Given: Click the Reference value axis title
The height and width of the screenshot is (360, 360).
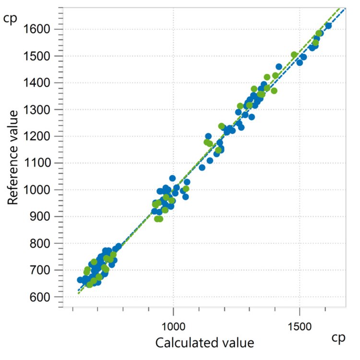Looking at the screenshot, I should (14, 157).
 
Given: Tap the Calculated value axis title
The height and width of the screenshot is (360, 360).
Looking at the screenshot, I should (204, 342).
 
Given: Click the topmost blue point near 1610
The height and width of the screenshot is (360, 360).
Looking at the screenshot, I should (328, 26).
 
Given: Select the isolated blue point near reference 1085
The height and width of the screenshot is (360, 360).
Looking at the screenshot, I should (202, 168).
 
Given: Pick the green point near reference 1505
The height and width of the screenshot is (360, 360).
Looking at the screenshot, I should (294, 55).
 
